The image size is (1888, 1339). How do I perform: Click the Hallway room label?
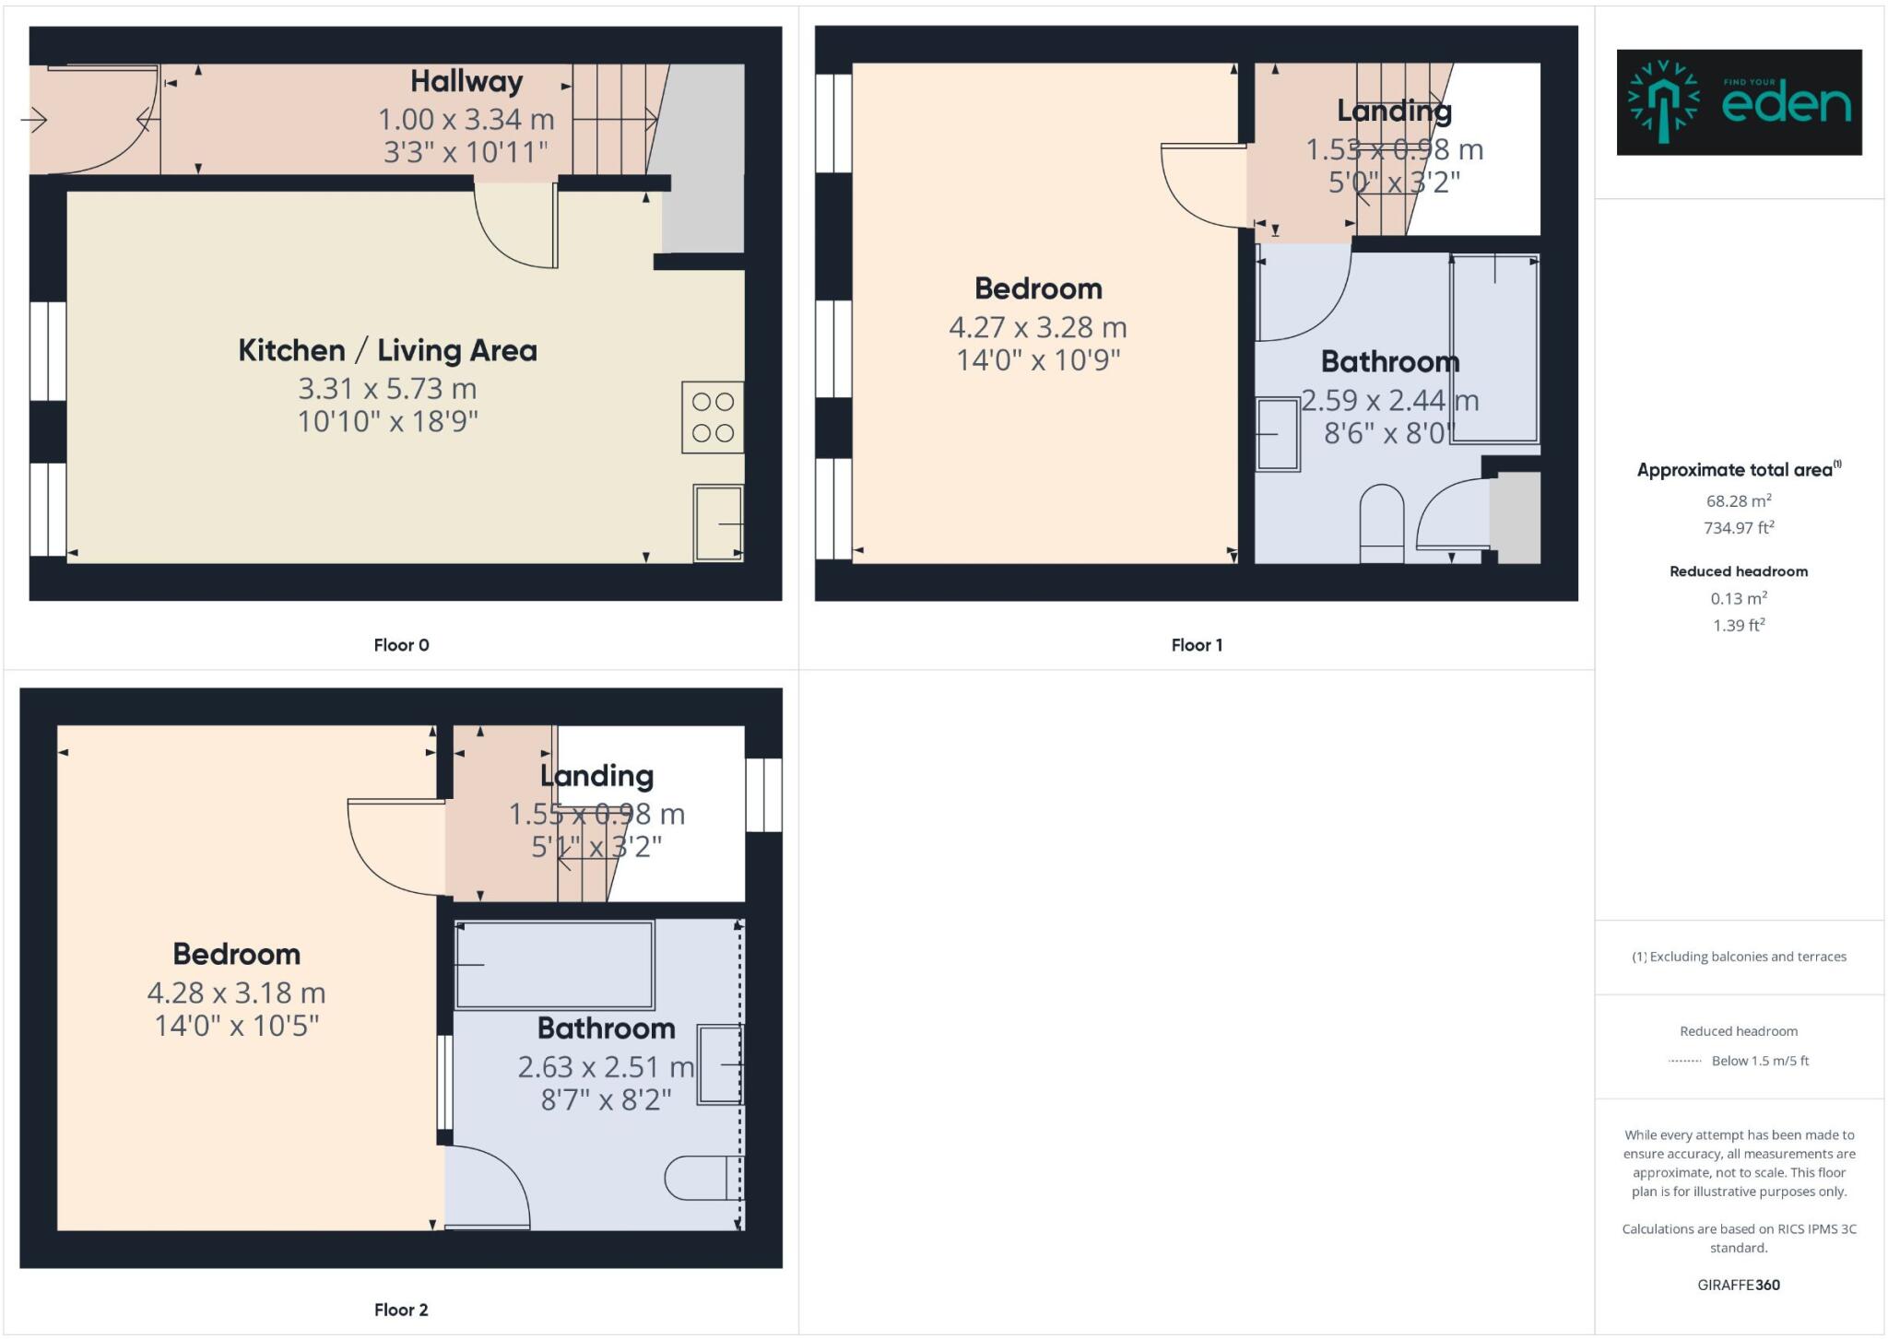466,82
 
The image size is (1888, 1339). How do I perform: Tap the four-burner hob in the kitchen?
713,417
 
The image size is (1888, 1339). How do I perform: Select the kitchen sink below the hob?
718,523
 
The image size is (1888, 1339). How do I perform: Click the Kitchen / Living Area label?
387,350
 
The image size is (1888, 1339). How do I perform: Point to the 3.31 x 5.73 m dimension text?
387,389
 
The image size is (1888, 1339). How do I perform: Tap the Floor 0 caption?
401,645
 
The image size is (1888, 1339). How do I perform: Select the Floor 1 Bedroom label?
1038,288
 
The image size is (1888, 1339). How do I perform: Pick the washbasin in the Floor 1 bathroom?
1278,433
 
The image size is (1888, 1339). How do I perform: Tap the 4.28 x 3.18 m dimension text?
236,993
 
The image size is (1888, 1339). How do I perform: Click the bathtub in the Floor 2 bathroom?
555,964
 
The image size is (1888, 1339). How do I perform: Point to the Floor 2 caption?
401,1310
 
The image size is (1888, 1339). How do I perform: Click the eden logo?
1739,102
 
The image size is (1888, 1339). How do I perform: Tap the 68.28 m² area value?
1739,501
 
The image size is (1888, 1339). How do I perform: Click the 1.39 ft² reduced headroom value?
1739,626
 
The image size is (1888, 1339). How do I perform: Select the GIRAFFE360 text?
1739,1285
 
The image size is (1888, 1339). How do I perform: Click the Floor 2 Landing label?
596,776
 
